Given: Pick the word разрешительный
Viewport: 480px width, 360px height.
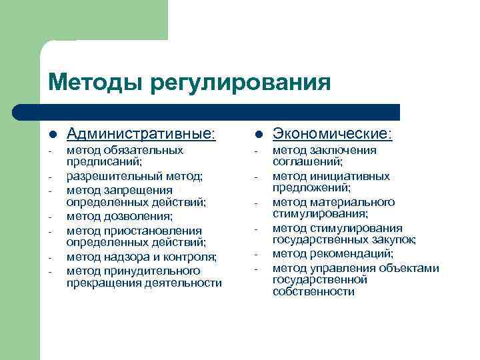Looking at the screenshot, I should [x=106, y=176].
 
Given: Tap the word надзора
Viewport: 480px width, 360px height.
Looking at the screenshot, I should [x=123, y=257].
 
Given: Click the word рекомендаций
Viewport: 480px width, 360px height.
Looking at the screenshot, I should [x=355, y=254].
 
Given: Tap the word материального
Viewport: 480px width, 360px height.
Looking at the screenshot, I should [x=359, y=202].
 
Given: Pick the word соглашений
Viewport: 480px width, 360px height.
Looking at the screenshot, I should [x=307, y=162].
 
